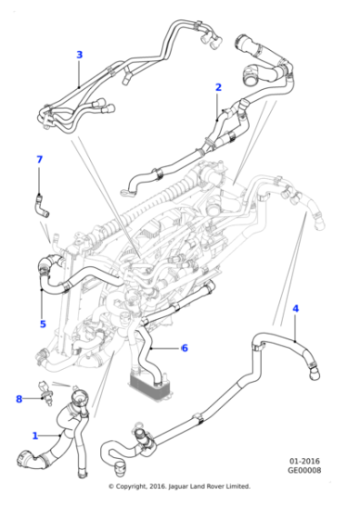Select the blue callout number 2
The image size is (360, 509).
pyautogui.click(x=218, y=87)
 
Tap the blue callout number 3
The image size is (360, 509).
pyautogui.click(x=79, y=55)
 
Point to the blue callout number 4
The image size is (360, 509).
pyautogui.click(x=295, y=310)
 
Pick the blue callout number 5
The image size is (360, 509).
pyautogui.click(x=42, y=324)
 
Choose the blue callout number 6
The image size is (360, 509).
pyautogui.click(x=184, y=347)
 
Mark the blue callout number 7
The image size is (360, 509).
pyautogui.click(x=39, y=160)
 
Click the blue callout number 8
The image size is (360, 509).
pyautogui.click(x=18, y=398)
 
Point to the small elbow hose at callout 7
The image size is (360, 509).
pyautogui.click(x=42, y=203)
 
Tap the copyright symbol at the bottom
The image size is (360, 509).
pyautogui.click(x=111, y=486)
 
